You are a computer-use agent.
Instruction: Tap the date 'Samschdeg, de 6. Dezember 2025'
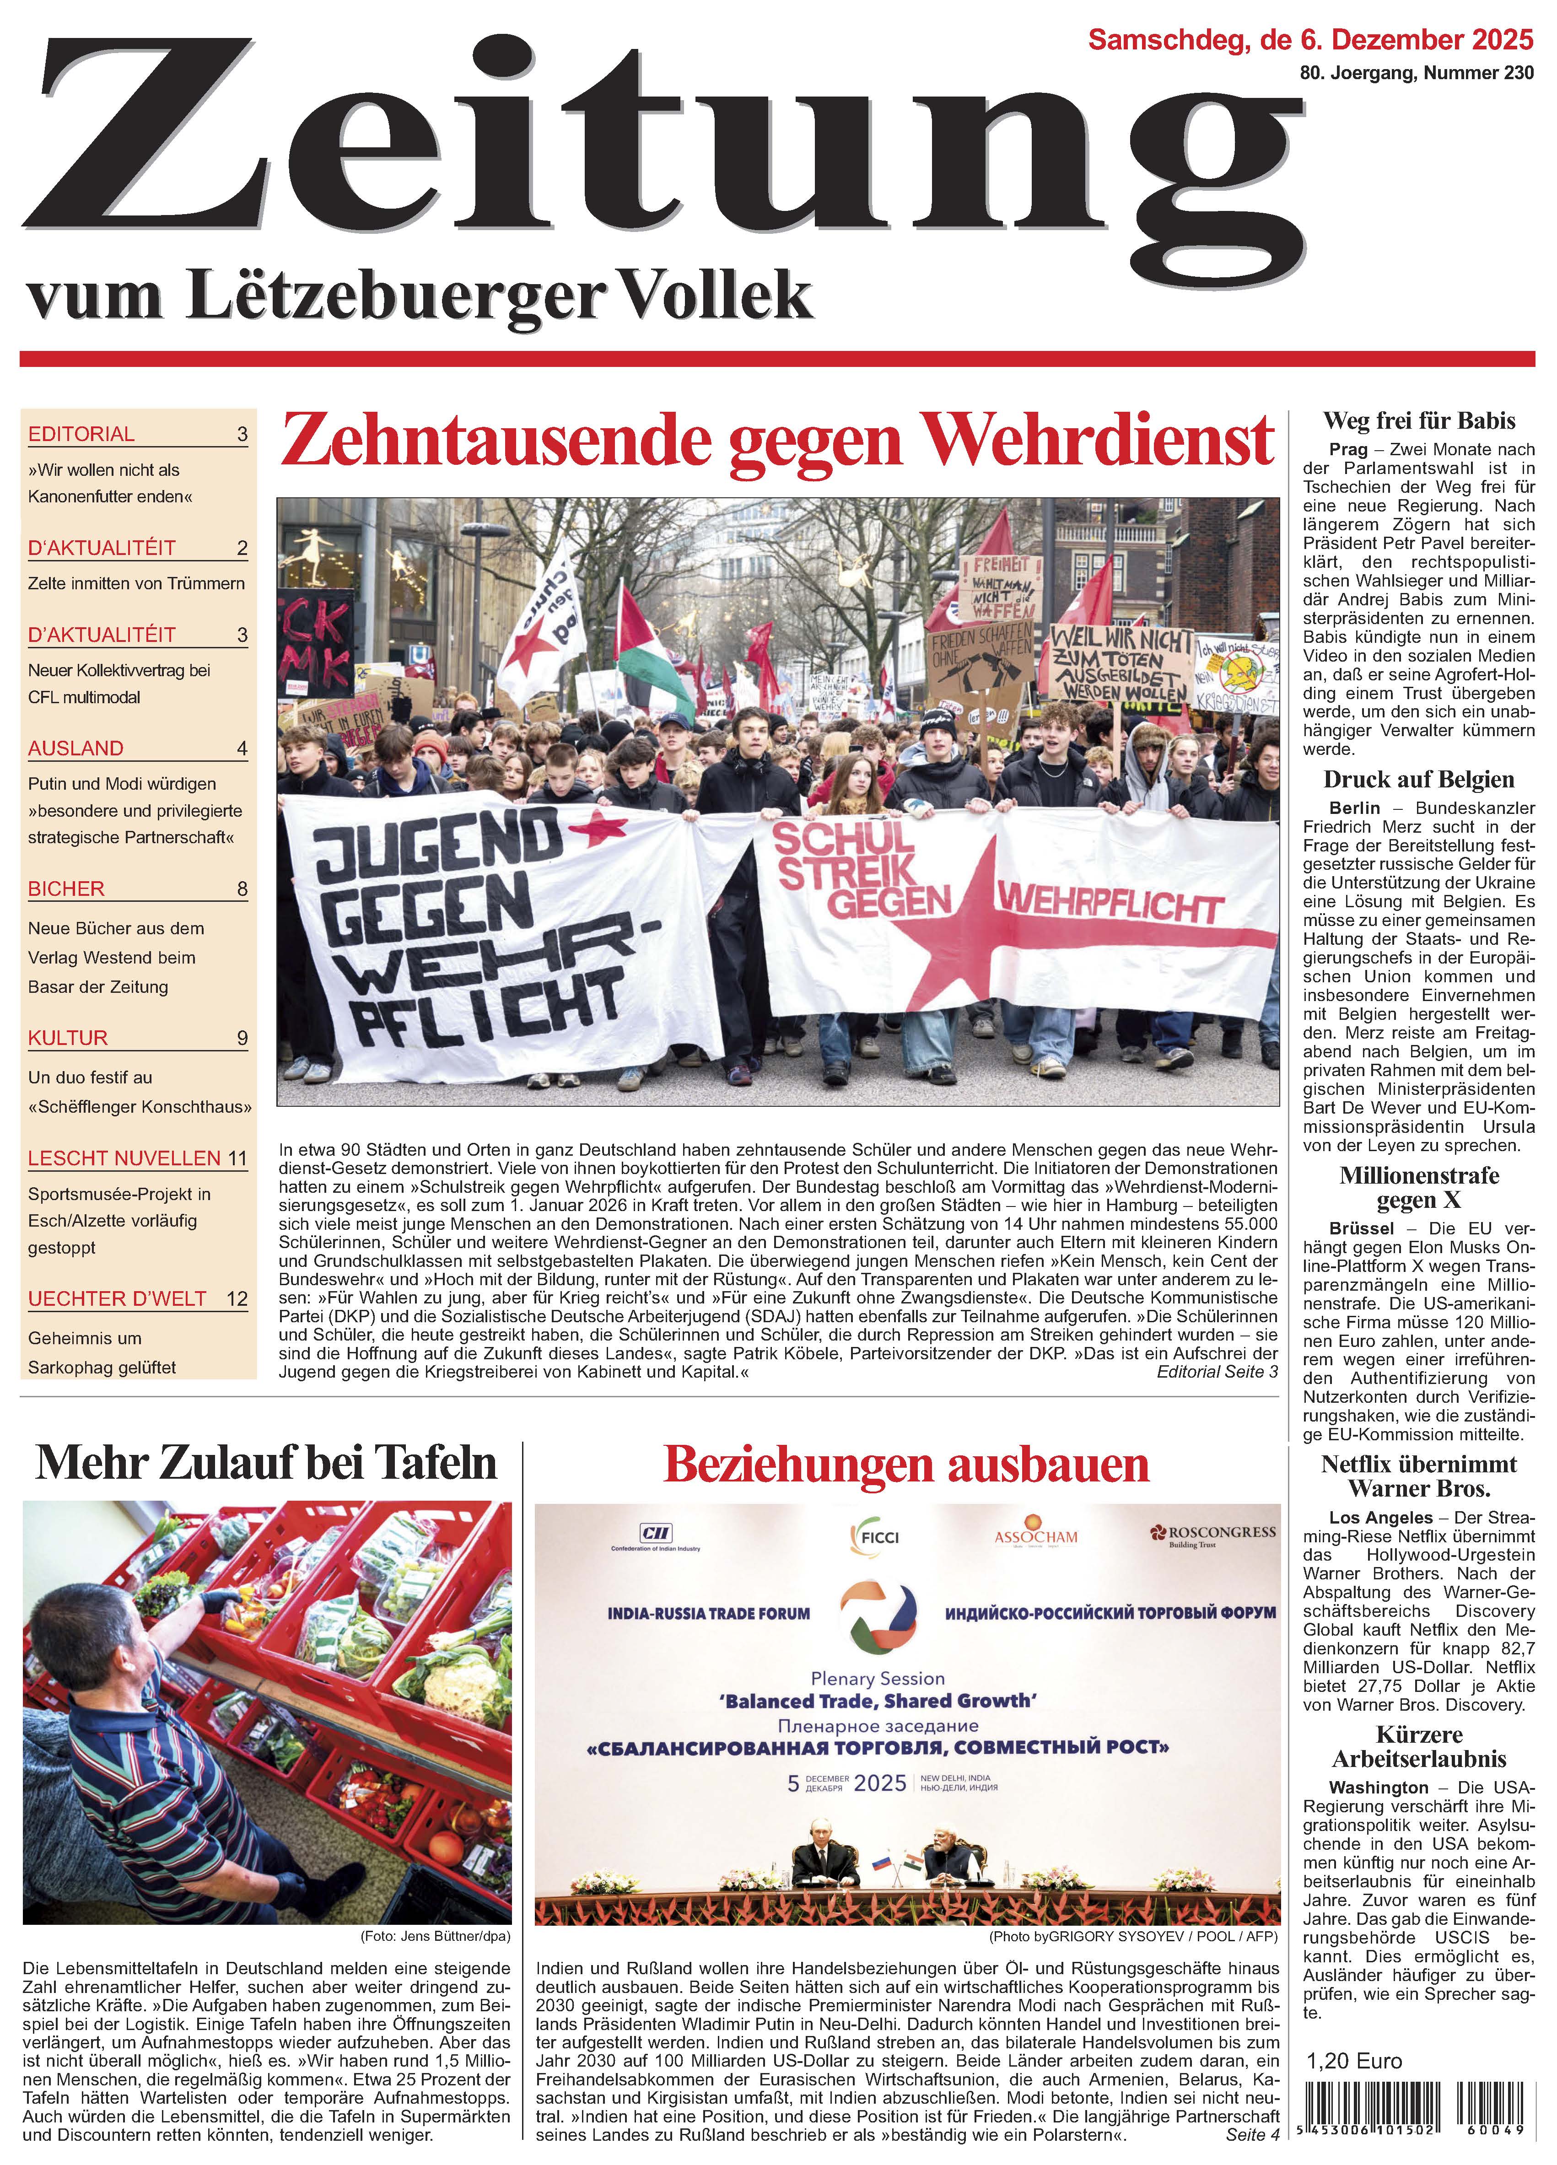click(x=1311, y=40)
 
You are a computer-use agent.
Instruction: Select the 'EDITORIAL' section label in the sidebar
click(x=81, y=434)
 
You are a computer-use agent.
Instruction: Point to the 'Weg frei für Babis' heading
click(x=1418, y=421)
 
